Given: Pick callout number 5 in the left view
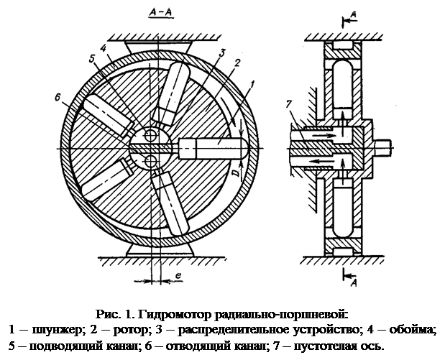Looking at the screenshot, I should click(91, 59).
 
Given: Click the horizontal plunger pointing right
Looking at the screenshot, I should click(212, 144).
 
